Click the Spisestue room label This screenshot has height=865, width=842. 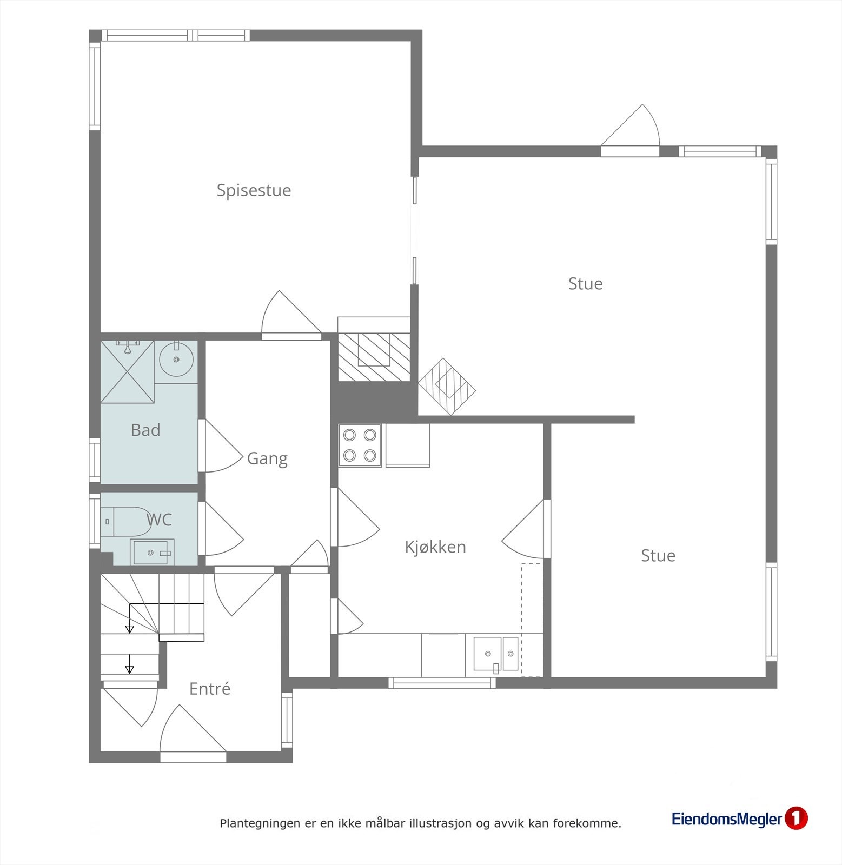point(254,190)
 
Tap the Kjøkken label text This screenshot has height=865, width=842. point(435,547)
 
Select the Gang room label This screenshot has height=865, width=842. point(267,458)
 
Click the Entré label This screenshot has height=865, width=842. point(209,689)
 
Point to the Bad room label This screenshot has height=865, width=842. point(145,430)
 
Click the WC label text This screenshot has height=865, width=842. point(159,520)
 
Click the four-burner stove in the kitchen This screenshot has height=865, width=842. point(360,445)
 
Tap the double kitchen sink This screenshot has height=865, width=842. point(496,654)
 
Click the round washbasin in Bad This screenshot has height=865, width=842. point(176,360)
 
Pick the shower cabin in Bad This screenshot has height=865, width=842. point(127,371)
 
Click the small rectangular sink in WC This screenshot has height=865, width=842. point(151,552)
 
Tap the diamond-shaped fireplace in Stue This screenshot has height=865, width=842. point(447,387)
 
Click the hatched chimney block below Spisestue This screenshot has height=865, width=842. point(374,357)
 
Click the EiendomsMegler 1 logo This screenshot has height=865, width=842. point(739,819)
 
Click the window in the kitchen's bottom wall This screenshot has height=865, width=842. point(442,683)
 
